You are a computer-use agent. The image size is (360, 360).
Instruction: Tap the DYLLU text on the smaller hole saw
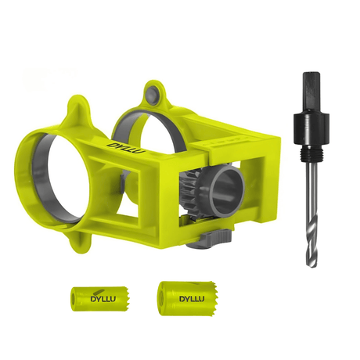click(94, 298)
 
